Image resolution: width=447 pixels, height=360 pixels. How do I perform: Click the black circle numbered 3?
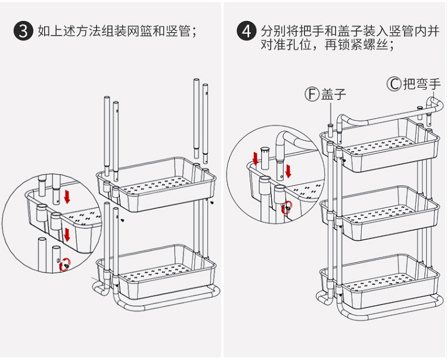coord(23,31)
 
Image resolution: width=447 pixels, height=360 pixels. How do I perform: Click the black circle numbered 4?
coord(246,31)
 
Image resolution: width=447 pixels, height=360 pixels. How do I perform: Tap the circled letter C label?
coord(394,83)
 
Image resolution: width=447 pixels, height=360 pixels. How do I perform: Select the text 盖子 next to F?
coord(334,94)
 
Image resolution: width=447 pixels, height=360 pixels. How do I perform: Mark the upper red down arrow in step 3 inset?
coord(67,196)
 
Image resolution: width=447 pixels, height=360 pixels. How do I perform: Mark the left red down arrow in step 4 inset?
coord(256,159)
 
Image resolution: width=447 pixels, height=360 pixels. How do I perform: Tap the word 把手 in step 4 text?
coord(313,31)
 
